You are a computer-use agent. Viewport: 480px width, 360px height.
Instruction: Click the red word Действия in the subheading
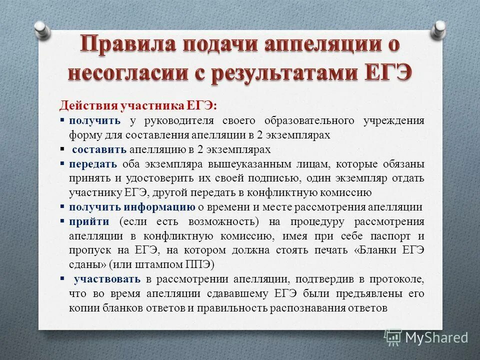point(87,106)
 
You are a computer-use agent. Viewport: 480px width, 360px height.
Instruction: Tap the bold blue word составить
point(99,149)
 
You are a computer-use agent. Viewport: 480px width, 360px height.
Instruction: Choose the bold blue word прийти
point(86,221)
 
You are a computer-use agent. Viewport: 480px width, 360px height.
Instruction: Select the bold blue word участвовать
point(106,278)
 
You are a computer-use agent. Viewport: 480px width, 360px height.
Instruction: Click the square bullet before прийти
point(62,220)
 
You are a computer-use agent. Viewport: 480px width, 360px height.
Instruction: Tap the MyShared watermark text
point(436,337)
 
